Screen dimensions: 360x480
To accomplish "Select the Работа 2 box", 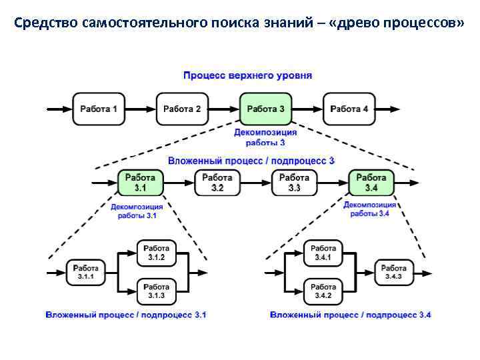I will pos(182,109).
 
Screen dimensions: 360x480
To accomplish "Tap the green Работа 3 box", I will pos(265,109).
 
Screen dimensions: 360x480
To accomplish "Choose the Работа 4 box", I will pos(349,109).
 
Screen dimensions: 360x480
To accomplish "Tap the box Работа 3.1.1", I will pos(85,272).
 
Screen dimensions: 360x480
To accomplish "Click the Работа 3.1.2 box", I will pos(156,253).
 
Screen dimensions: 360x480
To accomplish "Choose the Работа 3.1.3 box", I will pos(156,291).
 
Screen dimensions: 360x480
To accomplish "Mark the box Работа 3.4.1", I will pos(323,253).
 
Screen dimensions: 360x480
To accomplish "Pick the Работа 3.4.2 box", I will pos(323,291).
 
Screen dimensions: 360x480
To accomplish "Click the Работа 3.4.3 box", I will pos(393,272).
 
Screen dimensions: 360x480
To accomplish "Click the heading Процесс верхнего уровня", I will pos(247,75).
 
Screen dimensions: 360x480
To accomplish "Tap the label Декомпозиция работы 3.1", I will pos(137,211).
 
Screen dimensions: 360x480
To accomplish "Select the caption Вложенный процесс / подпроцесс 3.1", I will pos(126,315).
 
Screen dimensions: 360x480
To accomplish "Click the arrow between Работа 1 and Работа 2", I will pos(141,109).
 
